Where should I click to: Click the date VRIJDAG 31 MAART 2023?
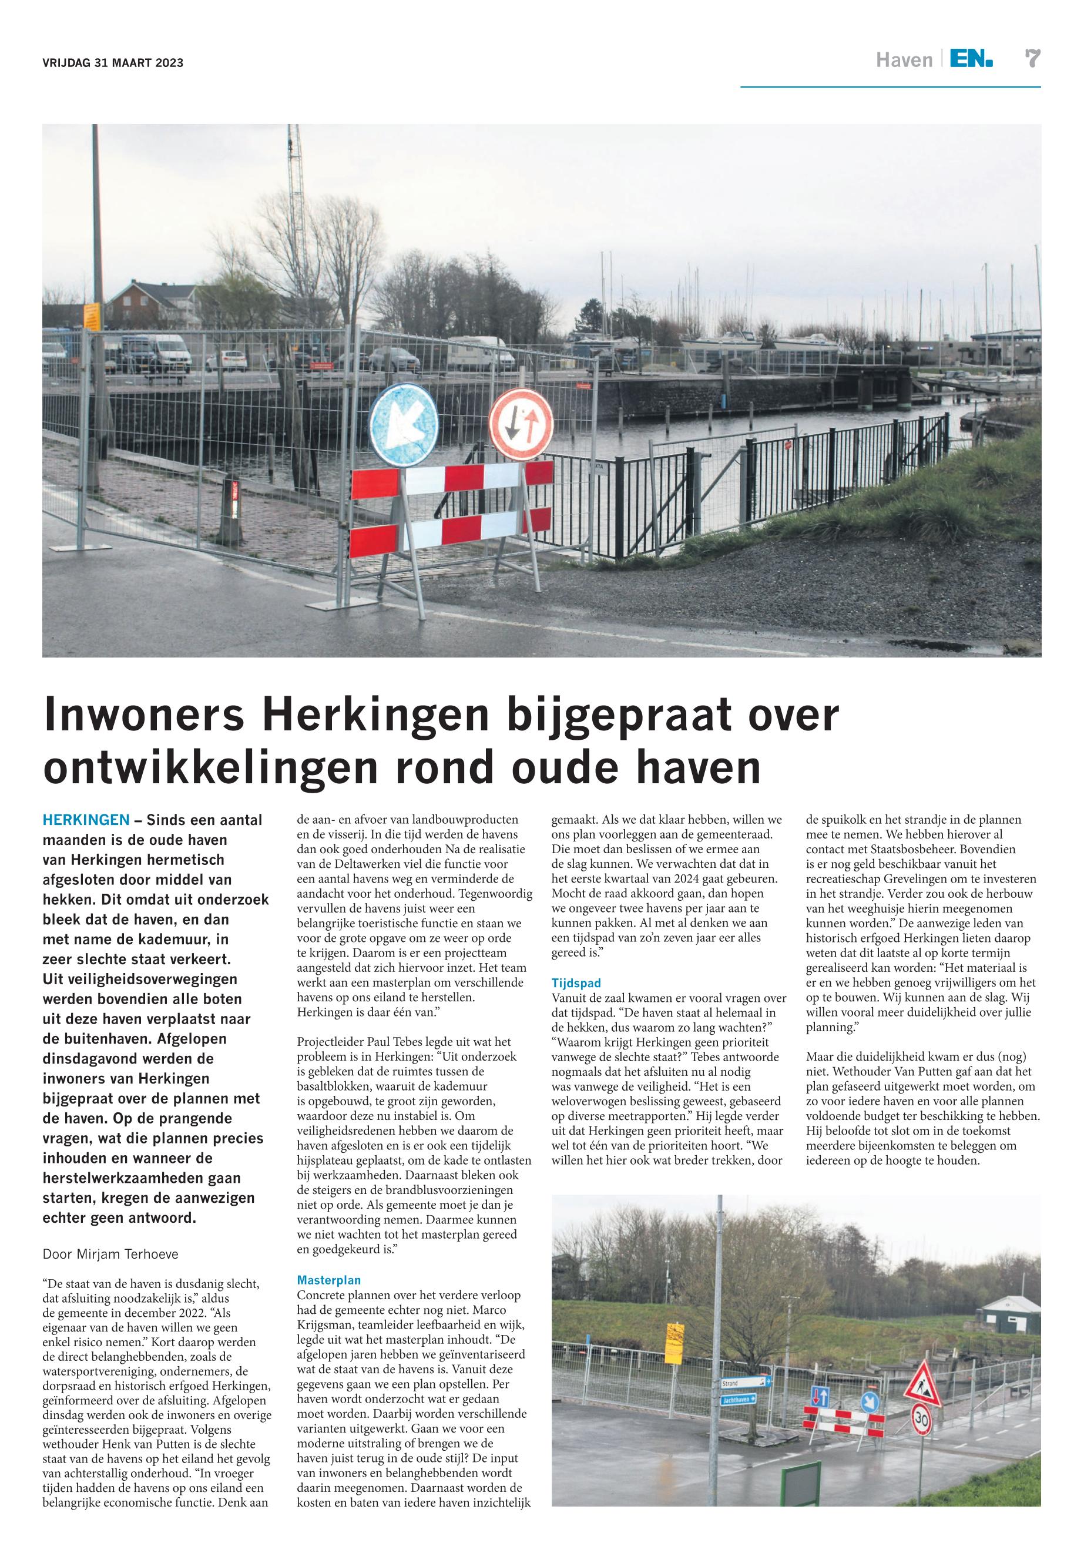(x=113, y=63)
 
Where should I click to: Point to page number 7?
(x=1032, y=59)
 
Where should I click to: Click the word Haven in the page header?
(x=904, y=61)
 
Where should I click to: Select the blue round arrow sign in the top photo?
(x=395, y=425)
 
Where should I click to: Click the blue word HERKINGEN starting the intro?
(x=86, y=820)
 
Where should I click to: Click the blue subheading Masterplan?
(x=329, y=1280)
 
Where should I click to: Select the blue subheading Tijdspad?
(x=576, y=982)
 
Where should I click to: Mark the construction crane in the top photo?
(x=295, y=197)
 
